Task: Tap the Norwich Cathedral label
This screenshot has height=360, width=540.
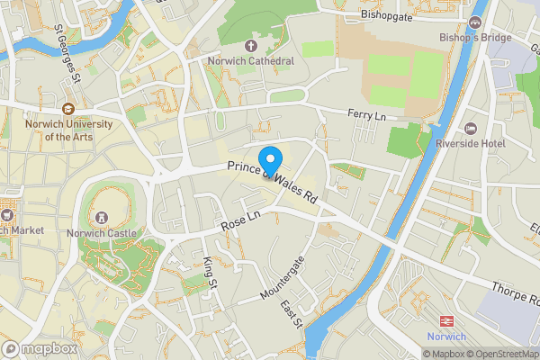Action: coord(250,61)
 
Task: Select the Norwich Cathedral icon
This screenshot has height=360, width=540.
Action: coord(250,45)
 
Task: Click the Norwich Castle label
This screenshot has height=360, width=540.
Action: coord(101,233)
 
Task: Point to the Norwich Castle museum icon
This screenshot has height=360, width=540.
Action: coord(101,217)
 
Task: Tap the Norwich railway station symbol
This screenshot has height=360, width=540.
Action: coord(445,321)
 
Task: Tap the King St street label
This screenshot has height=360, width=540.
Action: coord(211,272)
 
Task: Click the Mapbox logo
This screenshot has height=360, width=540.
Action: coord(40,348)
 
